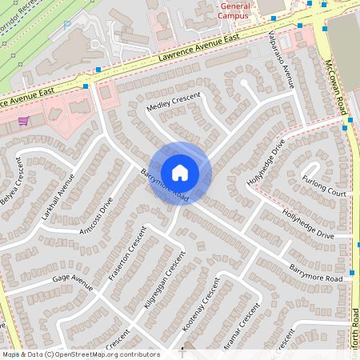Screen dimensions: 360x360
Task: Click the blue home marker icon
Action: [180, 172]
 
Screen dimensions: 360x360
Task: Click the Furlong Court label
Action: [324, 186]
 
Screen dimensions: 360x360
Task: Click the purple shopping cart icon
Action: [24, 121]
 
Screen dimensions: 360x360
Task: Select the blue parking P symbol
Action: [66, 26]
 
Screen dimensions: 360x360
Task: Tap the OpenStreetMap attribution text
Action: [81, 354]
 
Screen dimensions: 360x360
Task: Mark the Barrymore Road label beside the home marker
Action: [164, 186]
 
